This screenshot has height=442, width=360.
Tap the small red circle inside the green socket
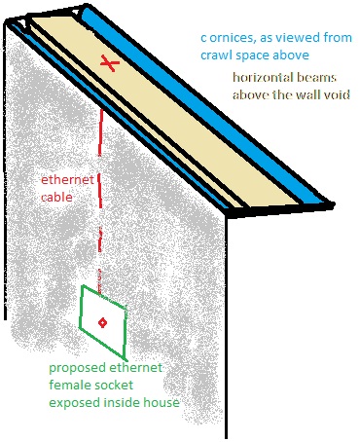tap(101, 321)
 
